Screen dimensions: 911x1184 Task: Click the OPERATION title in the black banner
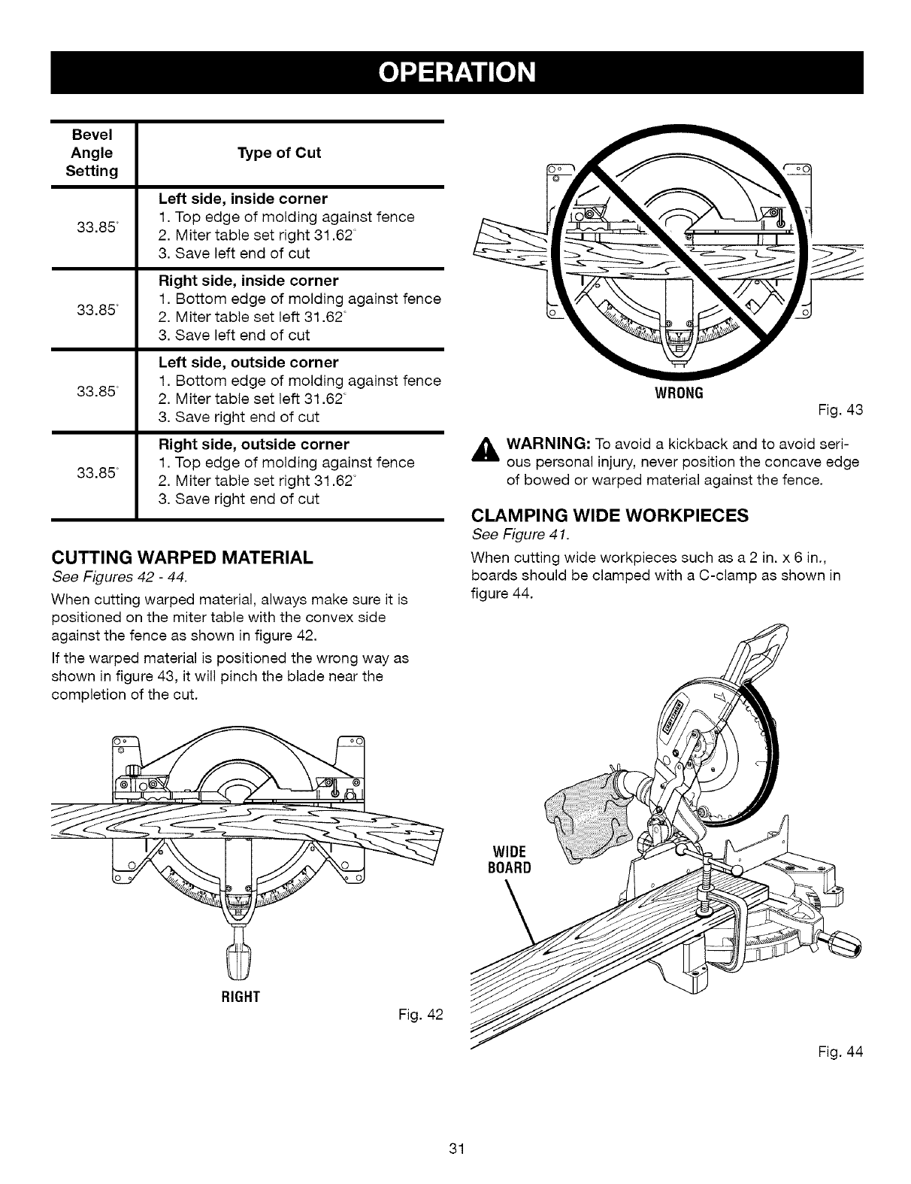(x=456, y=72)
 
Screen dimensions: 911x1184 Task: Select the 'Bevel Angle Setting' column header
(x=92, y=153)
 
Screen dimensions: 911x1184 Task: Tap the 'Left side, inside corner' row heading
(x=243, y=199)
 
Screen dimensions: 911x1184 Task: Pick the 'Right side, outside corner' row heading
(x=253, y=444)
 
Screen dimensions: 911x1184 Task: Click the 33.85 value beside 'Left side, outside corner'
(x=92, y=390)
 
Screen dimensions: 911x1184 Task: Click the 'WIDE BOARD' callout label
(x=511, y=859)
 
